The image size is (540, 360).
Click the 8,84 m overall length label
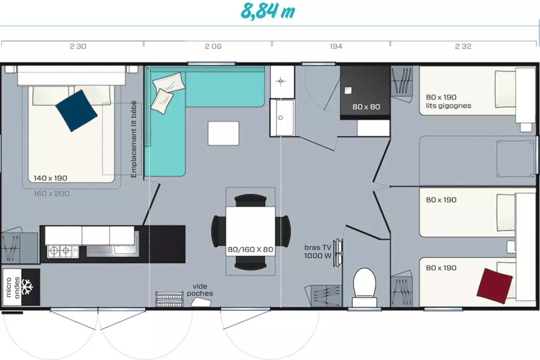[x=268, y=11]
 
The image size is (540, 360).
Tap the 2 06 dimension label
[x=213, y=46]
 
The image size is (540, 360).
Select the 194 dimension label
[x=336, y=46]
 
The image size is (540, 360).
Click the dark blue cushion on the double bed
[x=77, y=111]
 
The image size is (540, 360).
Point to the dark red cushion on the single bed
[x=495, y=286]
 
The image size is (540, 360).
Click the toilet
[x=364, y=287]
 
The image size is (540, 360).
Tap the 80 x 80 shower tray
[x=365, y=93]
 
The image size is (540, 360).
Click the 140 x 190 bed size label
[x=50, y=178]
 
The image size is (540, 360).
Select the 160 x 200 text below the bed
[x=52, y=193]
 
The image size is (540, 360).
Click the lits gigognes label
[x=448, y=106]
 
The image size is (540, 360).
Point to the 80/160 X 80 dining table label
[x=251, y=249]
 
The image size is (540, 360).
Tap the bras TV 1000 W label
[x=318, y=252]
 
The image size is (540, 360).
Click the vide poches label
[x=200, y=290]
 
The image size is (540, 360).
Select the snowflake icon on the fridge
[x=27, y=287]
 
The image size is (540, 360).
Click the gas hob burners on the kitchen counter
[x=59, y=251]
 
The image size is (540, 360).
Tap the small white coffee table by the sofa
[x=224, y=133]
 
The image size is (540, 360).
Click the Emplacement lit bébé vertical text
[x=133, y=139]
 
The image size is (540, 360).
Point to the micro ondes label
[x=12, y=287]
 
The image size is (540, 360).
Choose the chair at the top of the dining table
[x=251, y=200]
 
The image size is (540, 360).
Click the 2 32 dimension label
[x=463, y=46]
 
